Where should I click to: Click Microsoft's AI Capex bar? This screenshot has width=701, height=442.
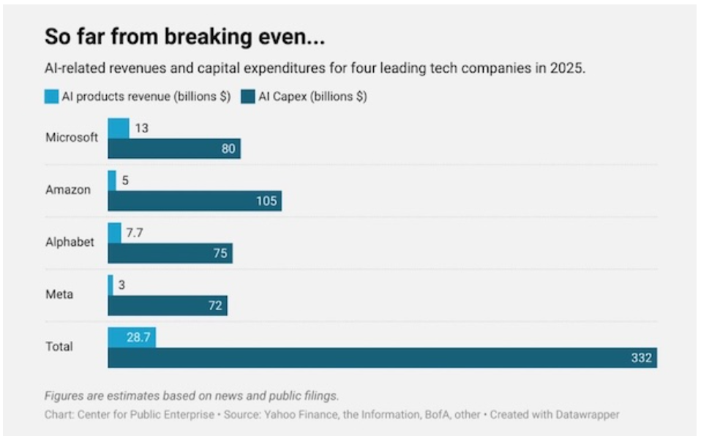click(174, 149)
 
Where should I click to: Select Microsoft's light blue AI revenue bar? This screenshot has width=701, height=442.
click(119, 128)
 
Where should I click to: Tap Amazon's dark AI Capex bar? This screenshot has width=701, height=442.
click(195, 201)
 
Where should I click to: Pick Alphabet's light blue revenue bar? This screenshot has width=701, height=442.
click(114, 233)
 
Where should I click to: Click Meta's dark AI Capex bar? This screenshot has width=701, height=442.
click(168, 306)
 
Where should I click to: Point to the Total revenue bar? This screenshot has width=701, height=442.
click(132, 337)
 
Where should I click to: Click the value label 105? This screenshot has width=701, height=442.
click(266, 201)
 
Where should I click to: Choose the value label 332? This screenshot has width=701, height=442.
click(641, 358)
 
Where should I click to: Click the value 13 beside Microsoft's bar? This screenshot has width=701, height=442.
click(141, 128)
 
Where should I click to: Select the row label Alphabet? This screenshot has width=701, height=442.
click(70, 242)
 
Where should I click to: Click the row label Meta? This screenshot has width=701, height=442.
click(59, 294)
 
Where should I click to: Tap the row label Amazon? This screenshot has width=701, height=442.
click(68, 190)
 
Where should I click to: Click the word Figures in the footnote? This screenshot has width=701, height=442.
click(64, 396)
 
